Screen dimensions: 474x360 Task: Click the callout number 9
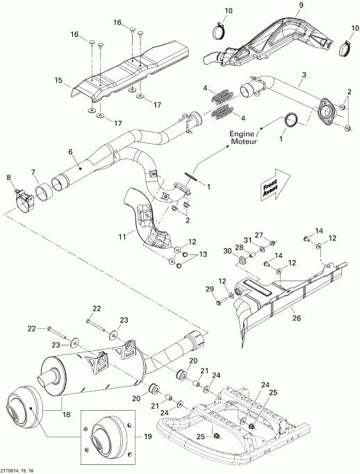(281, 6)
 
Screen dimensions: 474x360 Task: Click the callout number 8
(10, 179)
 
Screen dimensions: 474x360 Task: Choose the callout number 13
(204, 255)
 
